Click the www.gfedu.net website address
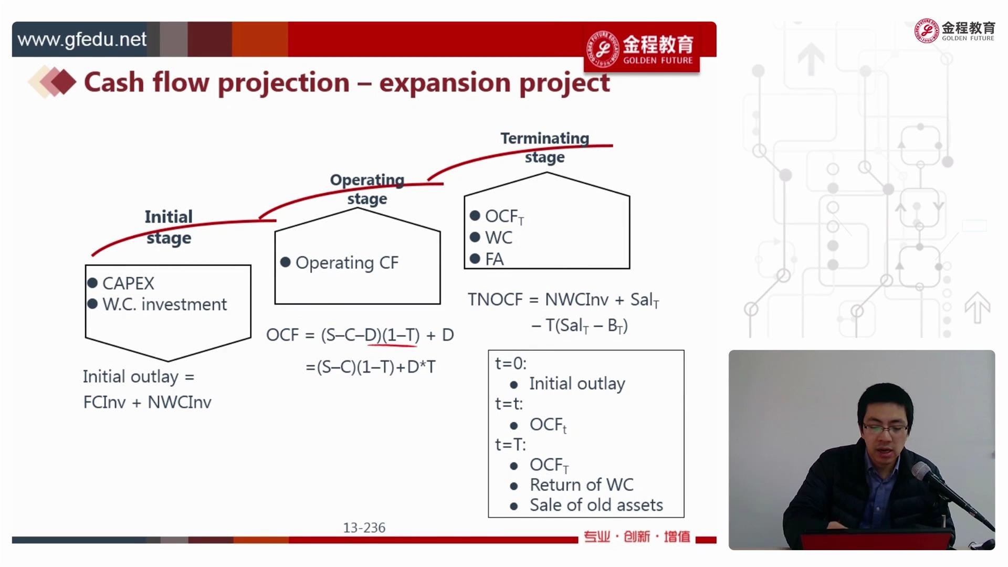[82, 39]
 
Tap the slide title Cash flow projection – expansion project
[347, 83]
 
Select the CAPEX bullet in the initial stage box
[128, 283]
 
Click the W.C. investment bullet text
[165, 304]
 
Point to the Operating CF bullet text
[347, 262]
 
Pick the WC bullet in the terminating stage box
[498, 237]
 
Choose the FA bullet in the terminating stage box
[494, 259]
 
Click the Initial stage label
[169, 227]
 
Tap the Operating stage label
[367, 189]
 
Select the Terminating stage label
[544, 148]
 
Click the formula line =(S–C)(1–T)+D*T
[371, 366]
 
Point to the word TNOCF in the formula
[495, 299]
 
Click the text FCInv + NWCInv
[147, 402]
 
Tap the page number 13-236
[364, 528]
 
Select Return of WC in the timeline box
[581, 485]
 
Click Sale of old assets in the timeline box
[596, 505]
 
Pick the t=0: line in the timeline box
[510, 363]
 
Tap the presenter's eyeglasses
[885, 429]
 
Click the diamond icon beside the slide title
[52, 82]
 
